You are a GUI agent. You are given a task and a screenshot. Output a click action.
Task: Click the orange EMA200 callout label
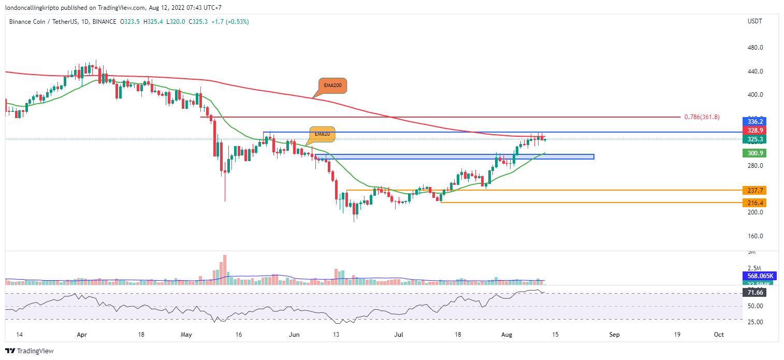coord(332,85)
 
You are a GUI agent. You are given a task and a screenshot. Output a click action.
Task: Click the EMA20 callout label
coord(322,134)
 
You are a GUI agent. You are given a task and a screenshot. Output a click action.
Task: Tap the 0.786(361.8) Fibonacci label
coord(702,117)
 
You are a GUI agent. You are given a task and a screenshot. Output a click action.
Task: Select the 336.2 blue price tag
coord(753,121)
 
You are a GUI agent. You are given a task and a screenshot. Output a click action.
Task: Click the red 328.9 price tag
coord(753,130)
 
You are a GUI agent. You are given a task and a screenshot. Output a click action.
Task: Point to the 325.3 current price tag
coord(753,139)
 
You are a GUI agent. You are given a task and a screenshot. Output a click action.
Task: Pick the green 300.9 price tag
coord(753,153)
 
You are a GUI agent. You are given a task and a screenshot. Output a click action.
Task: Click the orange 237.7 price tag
coord(753,190)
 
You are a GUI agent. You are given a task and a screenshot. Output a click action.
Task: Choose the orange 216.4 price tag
coord(753,203)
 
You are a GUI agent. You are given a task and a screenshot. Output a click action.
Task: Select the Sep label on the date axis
coord(614,335)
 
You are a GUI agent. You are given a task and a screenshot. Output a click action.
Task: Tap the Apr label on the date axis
coord(82,335)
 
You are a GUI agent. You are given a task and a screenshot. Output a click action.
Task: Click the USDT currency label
coord(754,21)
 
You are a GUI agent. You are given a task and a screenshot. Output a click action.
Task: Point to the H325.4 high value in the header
coord(154,22)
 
